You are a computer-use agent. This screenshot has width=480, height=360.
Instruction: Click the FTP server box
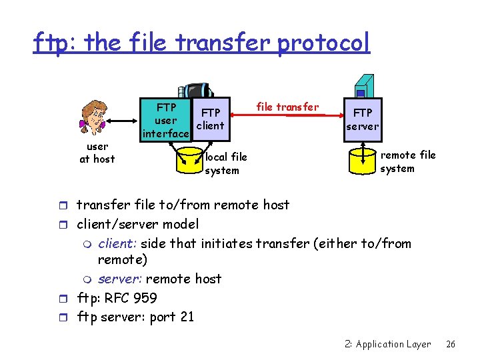[x=363, y=119]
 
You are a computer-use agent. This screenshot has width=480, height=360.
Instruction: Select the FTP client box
[x=211, y=119]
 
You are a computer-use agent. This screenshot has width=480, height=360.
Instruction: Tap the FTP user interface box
[x=165, y=120]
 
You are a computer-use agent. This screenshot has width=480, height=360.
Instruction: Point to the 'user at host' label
[x=97, y=153]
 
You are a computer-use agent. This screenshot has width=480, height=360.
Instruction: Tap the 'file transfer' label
[x=287, y=107]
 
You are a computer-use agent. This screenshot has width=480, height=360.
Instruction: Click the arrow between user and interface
[x=123, y=121]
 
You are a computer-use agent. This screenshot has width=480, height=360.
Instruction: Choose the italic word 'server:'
[x=120, y=279]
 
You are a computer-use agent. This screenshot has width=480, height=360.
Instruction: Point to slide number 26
[x=451, y=345]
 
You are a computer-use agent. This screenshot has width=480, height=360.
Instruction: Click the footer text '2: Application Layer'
[x=388, y=345]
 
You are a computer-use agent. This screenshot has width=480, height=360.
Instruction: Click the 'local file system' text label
[x=225, y=163]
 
